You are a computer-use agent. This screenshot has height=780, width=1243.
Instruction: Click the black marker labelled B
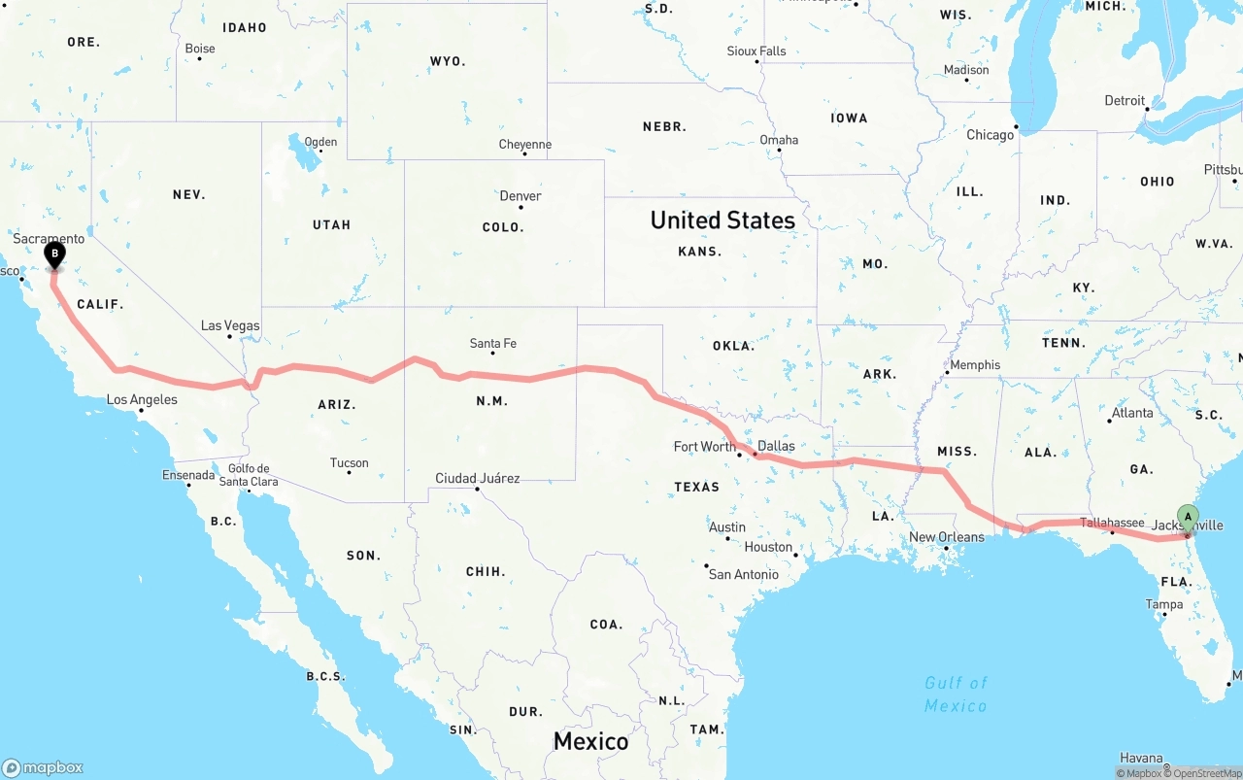tap(55, 255)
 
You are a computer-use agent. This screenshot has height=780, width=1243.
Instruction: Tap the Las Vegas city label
tap(230, 325)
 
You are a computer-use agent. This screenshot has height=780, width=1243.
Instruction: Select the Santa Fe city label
tap(492, 343)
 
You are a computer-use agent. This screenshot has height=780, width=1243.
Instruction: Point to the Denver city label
tap(521, 195)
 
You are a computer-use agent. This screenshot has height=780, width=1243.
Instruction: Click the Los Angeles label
tap(142, 399)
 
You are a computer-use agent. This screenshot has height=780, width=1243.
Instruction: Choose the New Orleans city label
tap(946, 537)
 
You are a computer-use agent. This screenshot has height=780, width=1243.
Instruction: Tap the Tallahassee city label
tap(1112, 523)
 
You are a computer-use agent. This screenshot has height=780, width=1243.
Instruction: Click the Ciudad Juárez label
tap(477, 478)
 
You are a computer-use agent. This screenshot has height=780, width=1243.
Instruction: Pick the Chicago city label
tap(990, 135)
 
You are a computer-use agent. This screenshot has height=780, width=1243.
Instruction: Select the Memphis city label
tap(975, 364)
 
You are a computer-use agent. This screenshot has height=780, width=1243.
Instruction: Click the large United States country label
tap(722, 220)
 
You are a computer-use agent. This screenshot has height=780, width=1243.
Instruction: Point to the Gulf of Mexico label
tap(956, 694)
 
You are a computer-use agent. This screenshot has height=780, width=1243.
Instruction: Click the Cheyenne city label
tap(524, 145)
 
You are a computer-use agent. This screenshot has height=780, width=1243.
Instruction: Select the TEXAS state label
tap(697, 487)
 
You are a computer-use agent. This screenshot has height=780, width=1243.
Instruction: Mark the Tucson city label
tap(349, 462)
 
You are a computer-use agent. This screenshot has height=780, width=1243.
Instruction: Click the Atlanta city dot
tap(1109, 421)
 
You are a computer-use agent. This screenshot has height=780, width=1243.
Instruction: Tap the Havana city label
tap(1141, 758)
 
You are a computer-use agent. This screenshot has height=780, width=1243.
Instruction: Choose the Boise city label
tap(199, 49)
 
